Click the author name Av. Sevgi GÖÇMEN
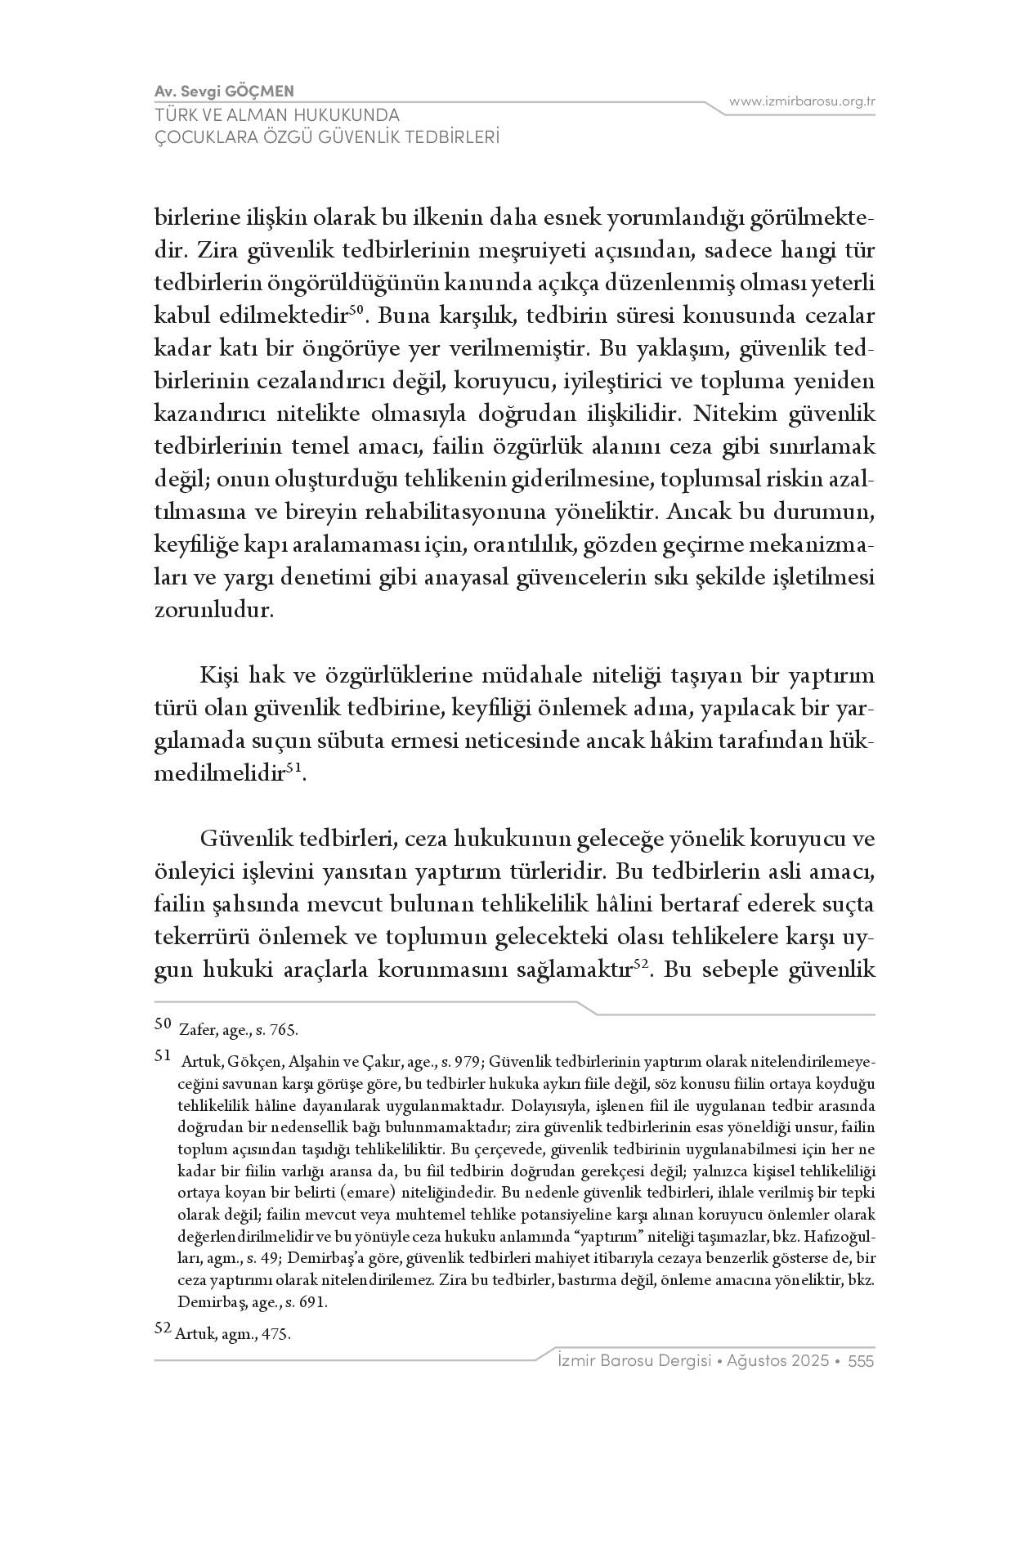click(224, 91)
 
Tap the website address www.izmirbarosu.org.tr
click(802, 101)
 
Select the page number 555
click(862, 1361)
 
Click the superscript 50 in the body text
click(356, 309)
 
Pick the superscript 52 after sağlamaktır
click(641, 964)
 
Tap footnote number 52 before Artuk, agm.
click(162, 1328)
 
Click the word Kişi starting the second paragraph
click(217, 676)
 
